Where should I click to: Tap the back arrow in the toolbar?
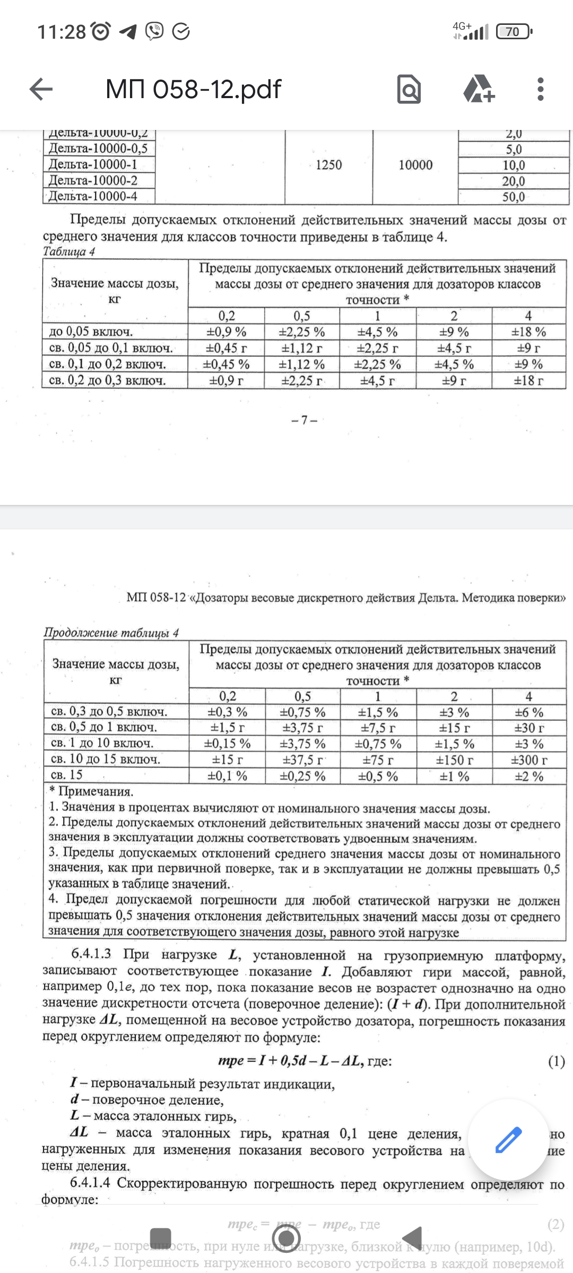[x=41, y=89]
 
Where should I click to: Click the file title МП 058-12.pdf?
[x=193, y=89]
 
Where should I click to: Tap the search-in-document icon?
[x=409, y=89]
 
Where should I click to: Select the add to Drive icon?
[x=479, y=89]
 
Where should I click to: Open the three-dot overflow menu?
[x=540, y=89]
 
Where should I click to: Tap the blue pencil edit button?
[x=508, y=1140]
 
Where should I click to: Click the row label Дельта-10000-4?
[x=93, y=196]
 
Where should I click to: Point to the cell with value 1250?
[x=328, y=165]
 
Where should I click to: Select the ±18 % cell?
[x=528, y=332]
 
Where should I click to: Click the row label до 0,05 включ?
[x=91, y=332]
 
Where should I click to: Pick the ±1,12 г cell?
[x=302, y=348]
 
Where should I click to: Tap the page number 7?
[x=304, y=420]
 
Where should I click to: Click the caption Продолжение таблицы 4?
[x=111, y=632]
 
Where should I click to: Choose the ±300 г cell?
[x=529, y=760]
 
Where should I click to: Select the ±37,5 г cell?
[x=302, y=760]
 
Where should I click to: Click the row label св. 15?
[x=67, y=775]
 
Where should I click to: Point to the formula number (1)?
[x=556, y=1061]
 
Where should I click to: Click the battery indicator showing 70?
[x=513, y=32]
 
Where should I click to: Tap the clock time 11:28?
[x=62, y=32]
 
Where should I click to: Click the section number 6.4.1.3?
[x=91, y=954]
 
